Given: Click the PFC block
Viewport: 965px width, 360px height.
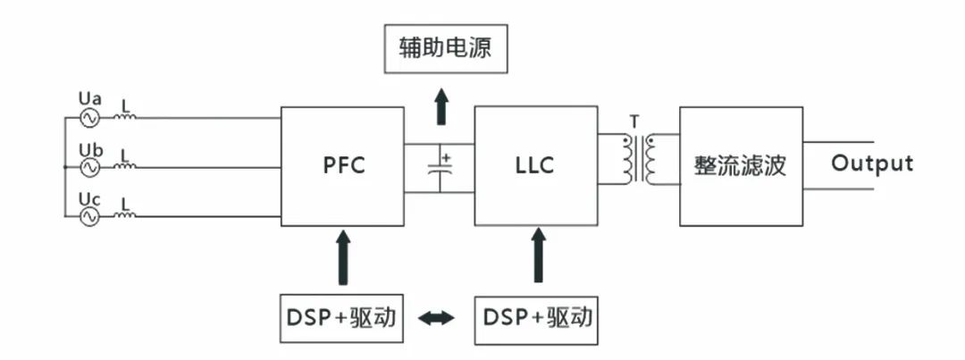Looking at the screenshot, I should [343, 166].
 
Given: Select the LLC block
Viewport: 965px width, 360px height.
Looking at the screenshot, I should [535, 166].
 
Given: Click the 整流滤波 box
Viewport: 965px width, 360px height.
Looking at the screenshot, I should [740, 166].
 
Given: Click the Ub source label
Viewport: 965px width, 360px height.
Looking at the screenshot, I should [90, 149].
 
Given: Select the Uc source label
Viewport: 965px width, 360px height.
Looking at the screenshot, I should [89, 198].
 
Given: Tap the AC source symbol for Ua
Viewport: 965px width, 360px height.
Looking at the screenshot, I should [90, 117].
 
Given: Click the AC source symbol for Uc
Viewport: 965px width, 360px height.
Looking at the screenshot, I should [90, 216].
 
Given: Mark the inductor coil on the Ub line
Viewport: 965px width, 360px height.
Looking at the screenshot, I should [126, 166].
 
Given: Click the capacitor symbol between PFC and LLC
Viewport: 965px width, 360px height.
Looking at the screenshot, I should [441, 168].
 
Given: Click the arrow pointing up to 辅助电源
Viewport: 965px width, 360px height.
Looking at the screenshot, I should [441, 106].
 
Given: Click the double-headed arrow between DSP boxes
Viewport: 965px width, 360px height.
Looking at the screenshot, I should [437, 318].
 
